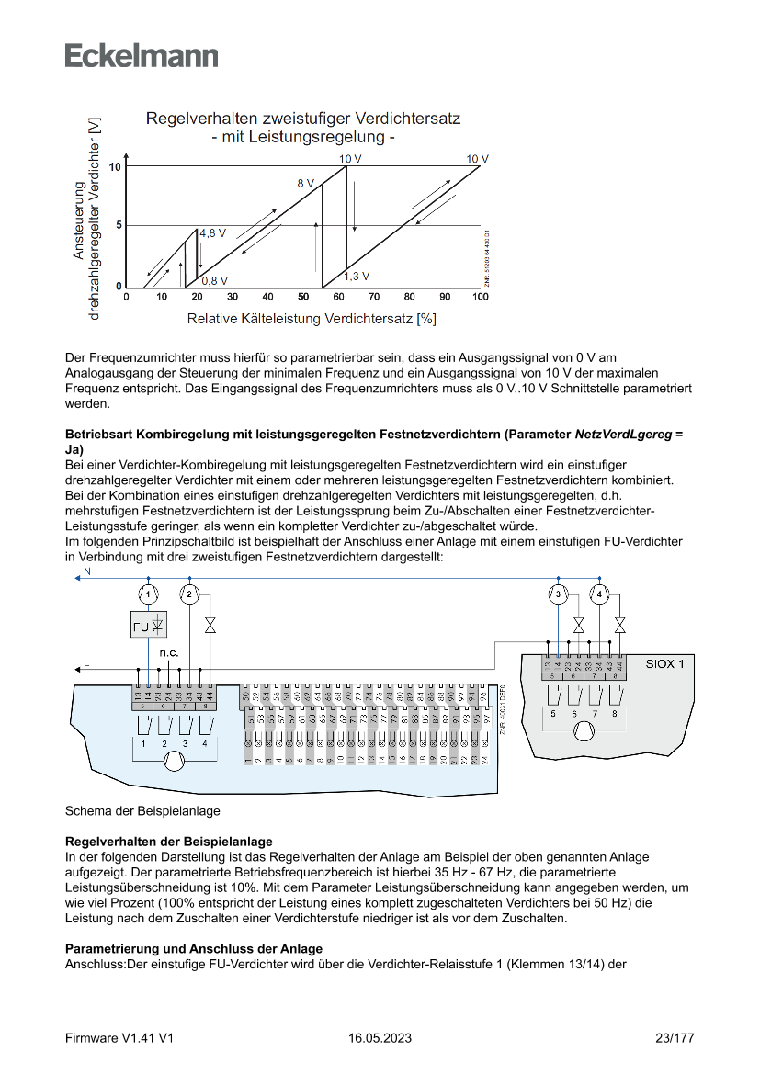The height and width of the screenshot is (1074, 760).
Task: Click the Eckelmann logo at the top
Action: tap(142, 55)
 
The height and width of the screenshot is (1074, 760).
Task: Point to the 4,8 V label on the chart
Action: tap(213, 233)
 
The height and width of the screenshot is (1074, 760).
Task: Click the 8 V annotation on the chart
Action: tap(305, 184)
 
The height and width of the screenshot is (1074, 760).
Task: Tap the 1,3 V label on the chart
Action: tap(357, 276)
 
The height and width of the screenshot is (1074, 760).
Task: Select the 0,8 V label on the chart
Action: tap(215, 280)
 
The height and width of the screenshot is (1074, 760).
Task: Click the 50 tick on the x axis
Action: tap(303, 297)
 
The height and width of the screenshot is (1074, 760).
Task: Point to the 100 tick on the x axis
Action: tap(480, 297)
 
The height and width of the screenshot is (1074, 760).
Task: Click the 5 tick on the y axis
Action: tap(119, 225)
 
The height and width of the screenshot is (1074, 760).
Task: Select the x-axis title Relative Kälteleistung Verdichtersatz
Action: tap(311, 319)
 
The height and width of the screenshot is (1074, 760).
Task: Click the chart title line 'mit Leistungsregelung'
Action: tap(302, 138)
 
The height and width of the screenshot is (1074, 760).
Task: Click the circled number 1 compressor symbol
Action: tap(151, 594)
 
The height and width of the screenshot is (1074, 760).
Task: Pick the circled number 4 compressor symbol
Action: tap(600, 594)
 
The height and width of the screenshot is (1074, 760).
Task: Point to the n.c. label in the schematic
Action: tap(168, 652)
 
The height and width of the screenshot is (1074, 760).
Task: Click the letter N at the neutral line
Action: tap(87, 572)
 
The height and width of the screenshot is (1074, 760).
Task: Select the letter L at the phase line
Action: tap(86, 661)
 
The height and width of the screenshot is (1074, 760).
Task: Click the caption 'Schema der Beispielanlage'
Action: tap(142, 811)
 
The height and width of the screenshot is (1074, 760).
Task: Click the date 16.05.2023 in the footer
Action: tap(380, 1038)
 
